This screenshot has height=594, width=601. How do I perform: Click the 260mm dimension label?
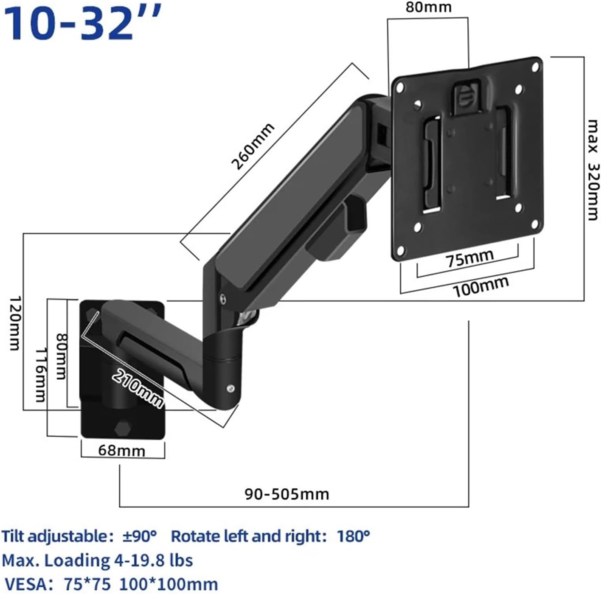coord(252,146)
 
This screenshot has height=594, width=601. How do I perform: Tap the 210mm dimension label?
coord(138,387)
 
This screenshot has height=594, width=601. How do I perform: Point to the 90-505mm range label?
coord(286,494)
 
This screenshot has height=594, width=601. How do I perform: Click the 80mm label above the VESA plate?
coord(428,8)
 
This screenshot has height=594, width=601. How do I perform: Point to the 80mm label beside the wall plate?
coord(62,356)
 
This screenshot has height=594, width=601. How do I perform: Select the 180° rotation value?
coord(353,536)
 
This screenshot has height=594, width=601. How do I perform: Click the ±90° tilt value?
coord(139,536)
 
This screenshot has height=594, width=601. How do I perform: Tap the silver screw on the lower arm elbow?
coord(230,388)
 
